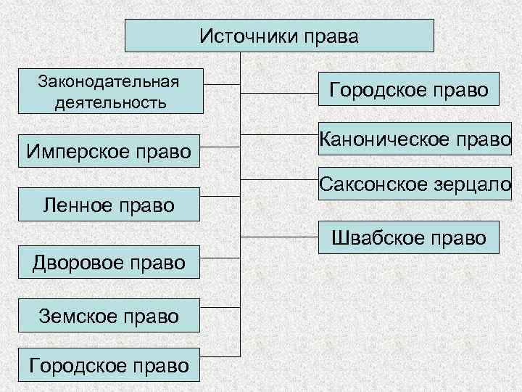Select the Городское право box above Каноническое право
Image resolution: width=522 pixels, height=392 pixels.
click(x=409, y=91)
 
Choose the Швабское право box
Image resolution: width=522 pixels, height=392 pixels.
click(x=409, y=237)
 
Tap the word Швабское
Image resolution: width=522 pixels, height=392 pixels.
click(x=372, y=237)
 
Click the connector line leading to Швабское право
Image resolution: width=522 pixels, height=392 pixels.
click(x=279, y=237)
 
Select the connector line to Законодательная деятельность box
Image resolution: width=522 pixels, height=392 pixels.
click(x=222, y=84)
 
